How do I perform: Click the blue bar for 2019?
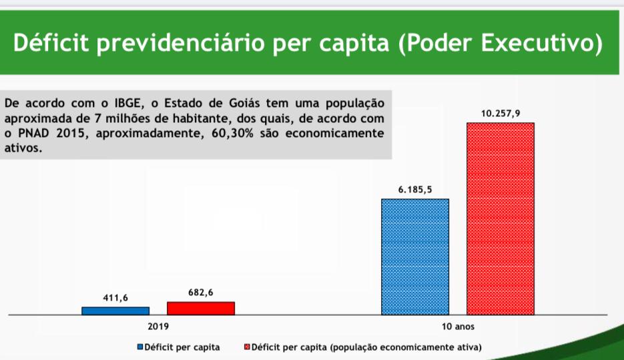[115, 311]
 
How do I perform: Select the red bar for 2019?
[201, 308]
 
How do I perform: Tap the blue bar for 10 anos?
[415, 256]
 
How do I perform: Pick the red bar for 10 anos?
[501, 218]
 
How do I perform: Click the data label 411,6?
[115, 297]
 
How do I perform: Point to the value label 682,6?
[201, 292]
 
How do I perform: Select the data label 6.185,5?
[415, 190]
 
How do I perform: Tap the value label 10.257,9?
[501, 114]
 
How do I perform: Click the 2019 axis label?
[158, 327]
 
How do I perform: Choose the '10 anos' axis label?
[458, 327]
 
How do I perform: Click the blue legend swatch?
[141, 347]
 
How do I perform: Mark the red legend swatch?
[247, 347]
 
